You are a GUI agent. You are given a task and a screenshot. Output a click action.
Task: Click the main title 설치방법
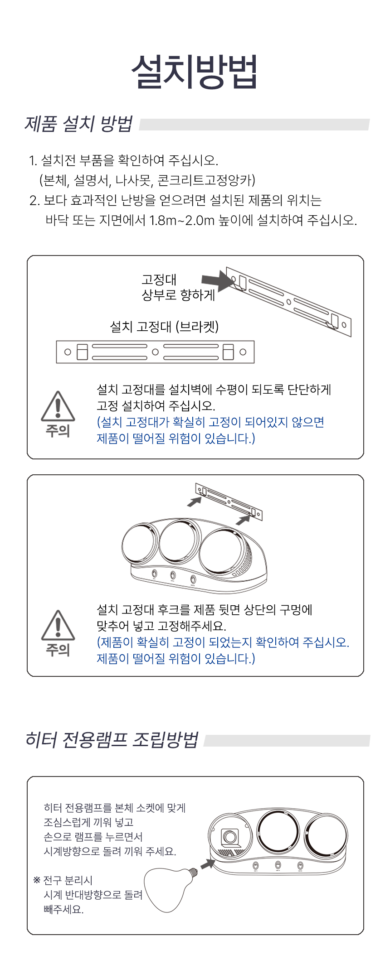pyautogui.click(x=195, y=72)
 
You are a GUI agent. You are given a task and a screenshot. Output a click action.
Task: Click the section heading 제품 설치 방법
pyautogui.click(x=78, y=124)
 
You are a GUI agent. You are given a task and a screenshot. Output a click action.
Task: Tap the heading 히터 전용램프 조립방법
pyautogui.click(x=112, y=740)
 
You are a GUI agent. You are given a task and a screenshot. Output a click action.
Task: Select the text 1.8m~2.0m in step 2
pyautogui.click(x=181, y=220)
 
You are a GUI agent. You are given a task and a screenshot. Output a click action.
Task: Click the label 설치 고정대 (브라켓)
pyautogui.click(x=164, y=327)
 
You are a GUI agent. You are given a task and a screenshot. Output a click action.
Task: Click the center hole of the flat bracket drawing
pyautogui.click(x=155, y=352)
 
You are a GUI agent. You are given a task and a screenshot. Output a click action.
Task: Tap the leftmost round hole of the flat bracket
pyautogui.click(x=68, y=352)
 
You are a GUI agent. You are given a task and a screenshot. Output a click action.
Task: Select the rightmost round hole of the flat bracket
pyautogui.click(x=243, y=352)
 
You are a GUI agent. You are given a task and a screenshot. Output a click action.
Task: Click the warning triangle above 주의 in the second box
pyautogui.click(x=58, y=625)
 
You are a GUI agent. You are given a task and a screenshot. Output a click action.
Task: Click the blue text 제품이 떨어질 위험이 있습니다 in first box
pyautogui.click(x=175, y=439)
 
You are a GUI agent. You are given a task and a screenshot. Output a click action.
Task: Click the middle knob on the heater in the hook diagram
pyautogui.click(x=173, y=575)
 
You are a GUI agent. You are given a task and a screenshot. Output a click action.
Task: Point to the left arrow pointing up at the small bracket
pyautogui.click(x=195, y=502)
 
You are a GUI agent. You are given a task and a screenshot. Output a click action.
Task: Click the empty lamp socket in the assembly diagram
pyautogui.click(x=230, y=836)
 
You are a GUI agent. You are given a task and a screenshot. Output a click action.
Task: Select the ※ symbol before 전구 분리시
pyautogui.click(x=37, y=880)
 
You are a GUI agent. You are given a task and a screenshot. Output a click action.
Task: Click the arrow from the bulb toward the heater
pyautogui.click(x=208, y=864)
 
